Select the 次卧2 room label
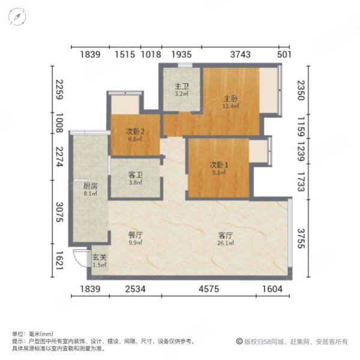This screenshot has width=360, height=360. click(x=134, y=132)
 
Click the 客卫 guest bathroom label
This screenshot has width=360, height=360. click(x=135, y=175)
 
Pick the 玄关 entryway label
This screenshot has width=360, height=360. click(x=99, y=258)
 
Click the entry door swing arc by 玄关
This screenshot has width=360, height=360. click(x=78, y=256)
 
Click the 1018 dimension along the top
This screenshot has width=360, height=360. click(x=150, y=55)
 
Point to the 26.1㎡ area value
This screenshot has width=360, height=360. click(x=226, y=244)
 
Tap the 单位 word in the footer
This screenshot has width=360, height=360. click(x=17, y=334)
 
